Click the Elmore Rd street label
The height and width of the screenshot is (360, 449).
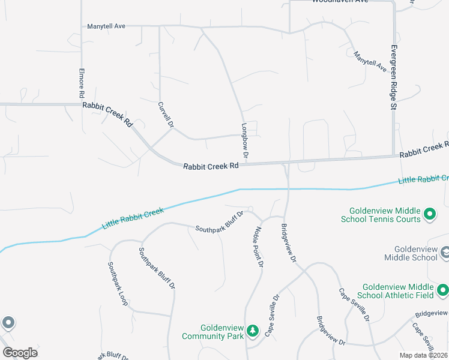(x=82, y=83)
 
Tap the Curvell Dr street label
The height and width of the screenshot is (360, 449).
(x=165, y=114)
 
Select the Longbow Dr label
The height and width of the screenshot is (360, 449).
(x=245, y=142)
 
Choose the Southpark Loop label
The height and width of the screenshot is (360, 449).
(x=118, y=284)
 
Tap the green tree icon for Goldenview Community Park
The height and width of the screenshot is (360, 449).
(x=253, y=331)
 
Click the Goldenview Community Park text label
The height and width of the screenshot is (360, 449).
(x=213, y=332)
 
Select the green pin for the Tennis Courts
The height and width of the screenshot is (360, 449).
(x=430, y=214)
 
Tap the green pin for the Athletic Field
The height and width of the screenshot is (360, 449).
(x=443, y=291)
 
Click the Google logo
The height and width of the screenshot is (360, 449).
(x=20, y=353)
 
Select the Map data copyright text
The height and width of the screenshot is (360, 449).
(x=423, y=355)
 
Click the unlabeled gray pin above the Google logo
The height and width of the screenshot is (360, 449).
(x=8, y=323)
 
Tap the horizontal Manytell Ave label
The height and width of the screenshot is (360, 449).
(x=106, y=26)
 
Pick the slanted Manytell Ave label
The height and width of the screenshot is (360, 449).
(x=370, y=62)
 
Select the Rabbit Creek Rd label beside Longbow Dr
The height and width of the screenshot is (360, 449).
(x=211, y=167)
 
